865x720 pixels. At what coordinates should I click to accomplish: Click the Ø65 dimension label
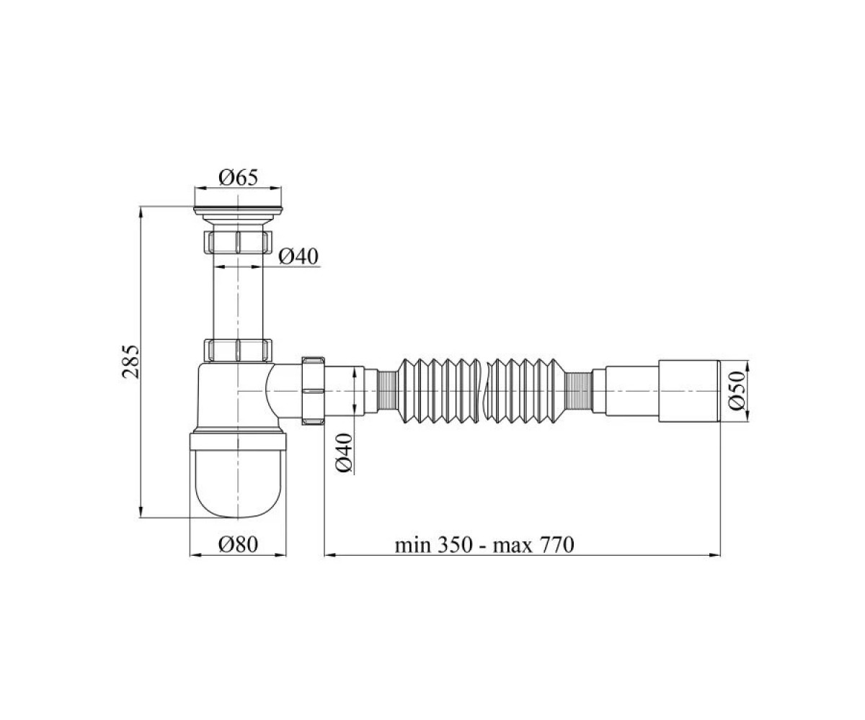pos(238,178)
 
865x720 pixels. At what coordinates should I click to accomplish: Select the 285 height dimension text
pos(131,361)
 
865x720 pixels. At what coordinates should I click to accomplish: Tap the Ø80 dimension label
pos(238,544)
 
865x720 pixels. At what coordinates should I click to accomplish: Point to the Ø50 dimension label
pos(737,391)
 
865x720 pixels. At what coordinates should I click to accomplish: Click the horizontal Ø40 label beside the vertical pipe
pos(298,256)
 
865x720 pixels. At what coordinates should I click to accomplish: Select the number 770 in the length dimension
pos(555,545)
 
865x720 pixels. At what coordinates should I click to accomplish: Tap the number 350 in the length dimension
pos(454,545)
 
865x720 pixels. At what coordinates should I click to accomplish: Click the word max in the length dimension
pos(512,546)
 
